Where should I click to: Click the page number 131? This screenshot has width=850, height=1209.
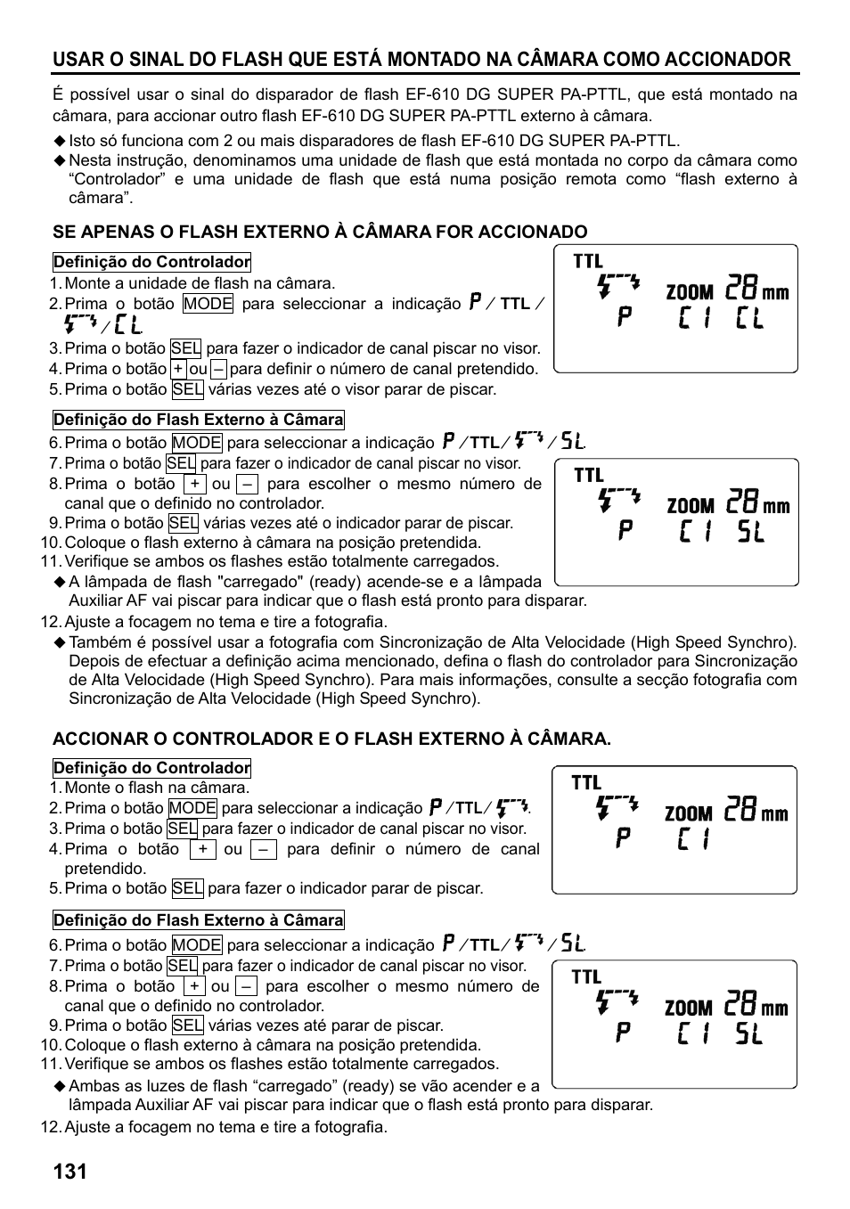[x=69, y=1171]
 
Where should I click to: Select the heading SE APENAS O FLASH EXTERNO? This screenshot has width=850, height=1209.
[x=320, y=232]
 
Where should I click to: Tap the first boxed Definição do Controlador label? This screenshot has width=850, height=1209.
[x=151, y=262]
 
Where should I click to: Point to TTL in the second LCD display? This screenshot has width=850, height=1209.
[x=589, y=475]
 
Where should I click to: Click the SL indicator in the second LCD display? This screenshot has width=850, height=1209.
[x=750, y=533]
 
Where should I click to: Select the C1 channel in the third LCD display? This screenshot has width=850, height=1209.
[x=693, y=839]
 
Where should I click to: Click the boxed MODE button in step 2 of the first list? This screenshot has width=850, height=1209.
[x=208, y=304]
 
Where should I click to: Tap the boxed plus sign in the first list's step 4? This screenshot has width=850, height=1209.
[x=178, y=369]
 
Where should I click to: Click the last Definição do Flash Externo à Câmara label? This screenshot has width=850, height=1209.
[x=198, y=920]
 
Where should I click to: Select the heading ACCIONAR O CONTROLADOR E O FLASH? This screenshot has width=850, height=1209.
[x=331, y=739]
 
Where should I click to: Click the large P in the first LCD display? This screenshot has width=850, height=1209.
[x=625, y=318]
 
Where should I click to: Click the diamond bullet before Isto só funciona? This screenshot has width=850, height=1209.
[x=60, y=141]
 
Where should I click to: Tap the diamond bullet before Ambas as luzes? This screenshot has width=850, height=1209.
[x=60, y=1086]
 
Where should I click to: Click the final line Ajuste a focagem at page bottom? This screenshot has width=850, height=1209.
[x=225, y=1127]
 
